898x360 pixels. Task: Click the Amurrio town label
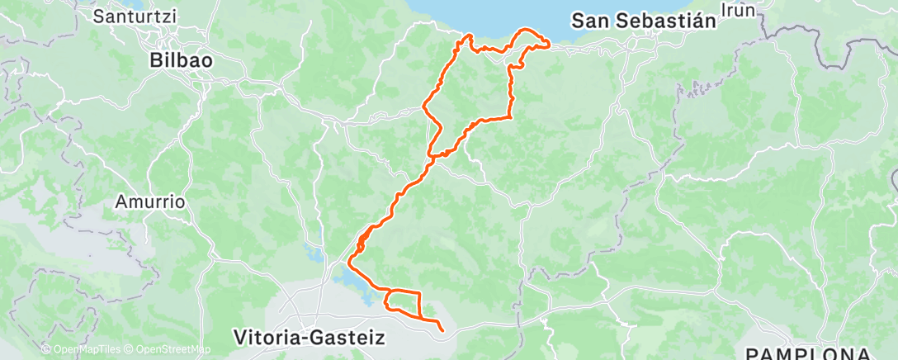(x=149, y=201)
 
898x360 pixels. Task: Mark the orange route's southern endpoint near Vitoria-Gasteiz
(x=443, y=331)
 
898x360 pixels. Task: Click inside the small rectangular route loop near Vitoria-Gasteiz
(x=402, y=301)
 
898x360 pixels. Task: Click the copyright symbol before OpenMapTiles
(x=46, y=349)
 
